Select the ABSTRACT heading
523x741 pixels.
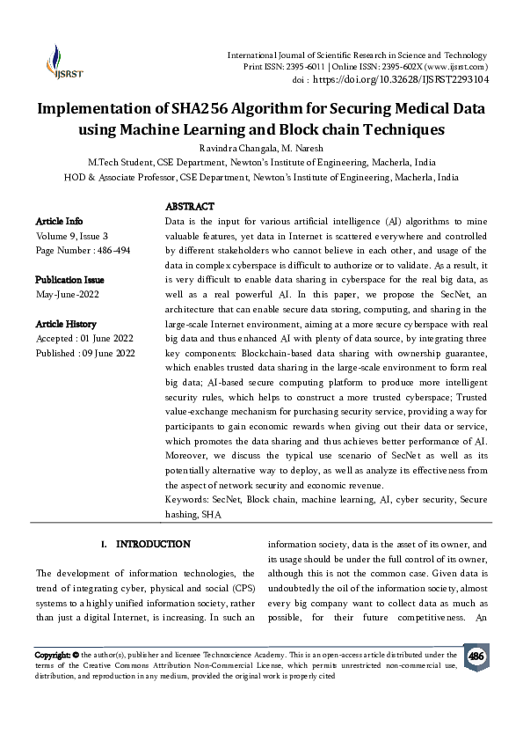coord(190,206)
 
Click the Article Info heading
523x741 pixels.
coord(59,221)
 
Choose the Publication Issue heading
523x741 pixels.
coord(69,279)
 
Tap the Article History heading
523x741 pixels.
coord(66,324)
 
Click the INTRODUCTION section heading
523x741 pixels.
coord(153,545)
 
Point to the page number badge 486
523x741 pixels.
coord(476,657)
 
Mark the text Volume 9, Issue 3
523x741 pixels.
coord(72,236)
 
